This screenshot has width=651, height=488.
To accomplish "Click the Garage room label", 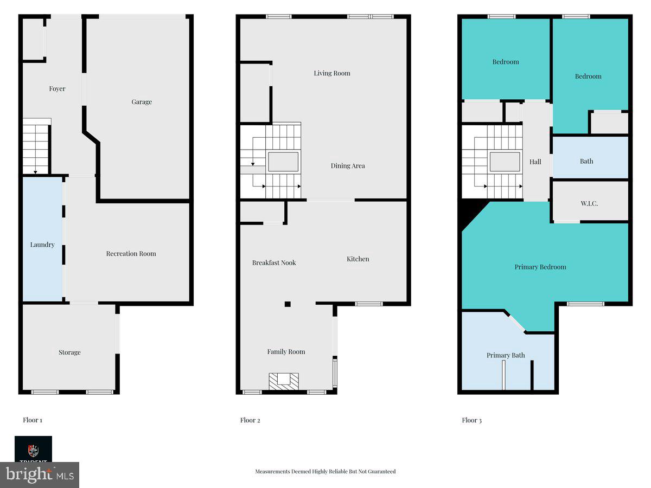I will [142, 102].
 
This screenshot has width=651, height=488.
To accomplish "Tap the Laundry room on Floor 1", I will [42, 245].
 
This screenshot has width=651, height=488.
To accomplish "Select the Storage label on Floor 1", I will [69, 352].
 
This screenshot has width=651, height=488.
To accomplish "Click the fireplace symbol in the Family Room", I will [284, 381].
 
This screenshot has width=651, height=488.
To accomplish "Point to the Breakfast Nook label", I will [274, 263].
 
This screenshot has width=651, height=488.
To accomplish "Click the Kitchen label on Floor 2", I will [358, 259].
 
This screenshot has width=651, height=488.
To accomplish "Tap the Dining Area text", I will [348, 166].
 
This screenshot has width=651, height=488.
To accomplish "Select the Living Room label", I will [332, 73].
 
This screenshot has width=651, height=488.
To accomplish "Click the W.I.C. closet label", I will [590, 203].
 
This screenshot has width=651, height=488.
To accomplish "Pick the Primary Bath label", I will [506, 356].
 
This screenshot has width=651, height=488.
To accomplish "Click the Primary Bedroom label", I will [540, 267].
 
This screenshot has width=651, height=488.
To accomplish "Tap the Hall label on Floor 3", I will [535, 162].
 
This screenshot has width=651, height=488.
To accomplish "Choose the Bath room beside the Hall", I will [586, 161].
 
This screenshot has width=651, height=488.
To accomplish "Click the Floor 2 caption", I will [250, 420].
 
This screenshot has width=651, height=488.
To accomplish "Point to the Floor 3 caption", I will [471, 420].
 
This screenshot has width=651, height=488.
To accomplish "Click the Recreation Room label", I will [131, 254].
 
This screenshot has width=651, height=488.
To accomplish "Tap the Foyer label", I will [57, 89].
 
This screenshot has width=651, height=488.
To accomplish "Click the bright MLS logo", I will [40, 475].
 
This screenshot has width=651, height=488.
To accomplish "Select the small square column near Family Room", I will [288, 304].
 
